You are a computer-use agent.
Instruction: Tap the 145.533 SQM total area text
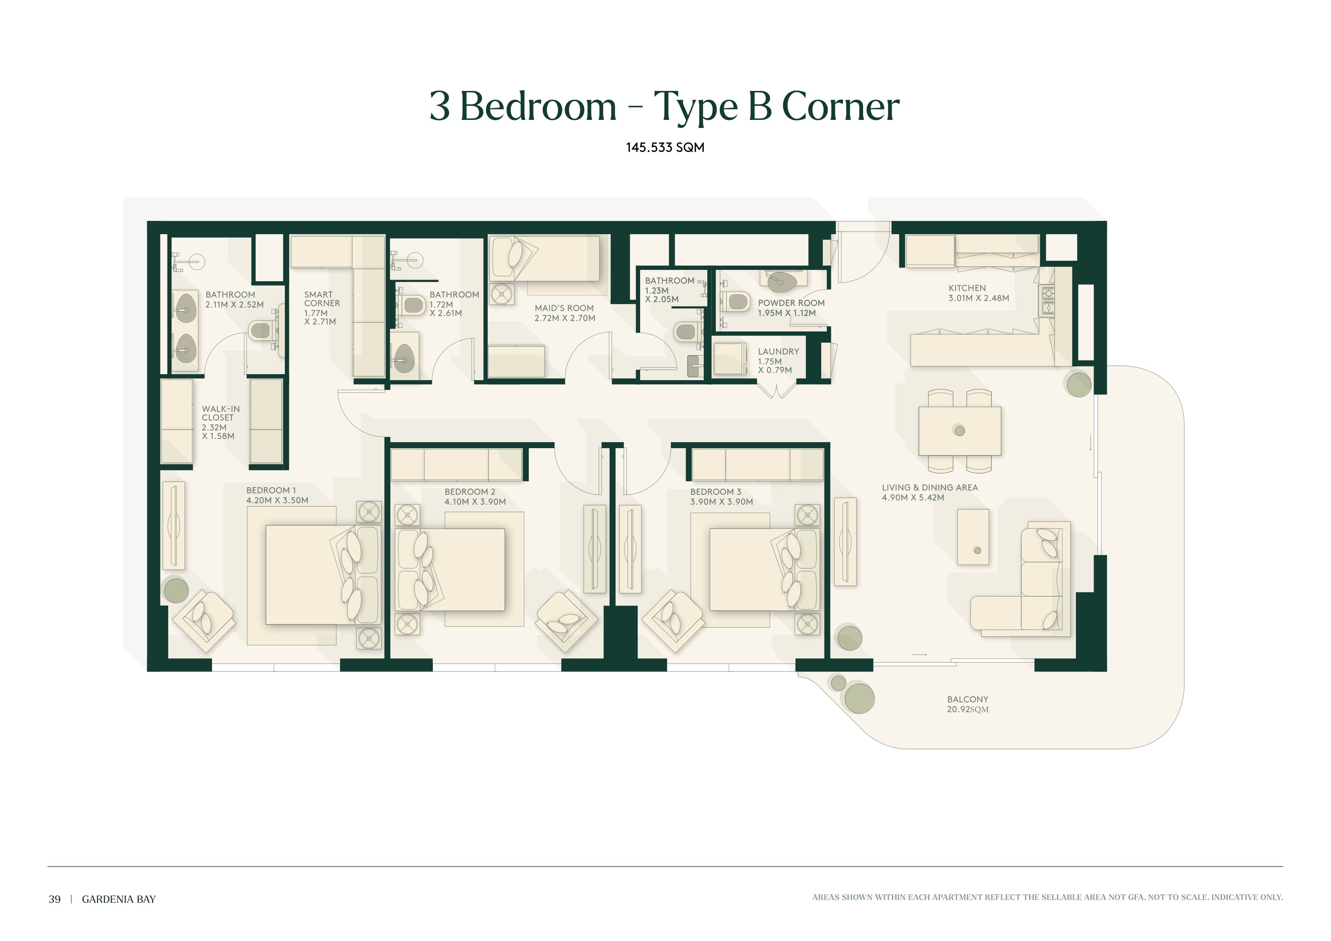coord(665,147)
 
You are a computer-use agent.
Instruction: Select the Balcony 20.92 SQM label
coord(968,704)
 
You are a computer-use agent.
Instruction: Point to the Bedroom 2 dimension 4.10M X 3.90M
coord(475,502)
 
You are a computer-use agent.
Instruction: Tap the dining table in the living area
coord(959,431)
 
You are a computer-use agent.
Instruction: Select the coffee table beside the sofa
coord(973,537)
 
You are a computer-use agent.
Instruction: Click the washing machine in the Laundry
coord(729,359)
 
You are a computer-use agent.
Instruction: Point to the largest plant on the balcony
coord(859,699)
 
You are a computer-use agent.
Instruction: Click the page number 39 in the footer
coord(54,899)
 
